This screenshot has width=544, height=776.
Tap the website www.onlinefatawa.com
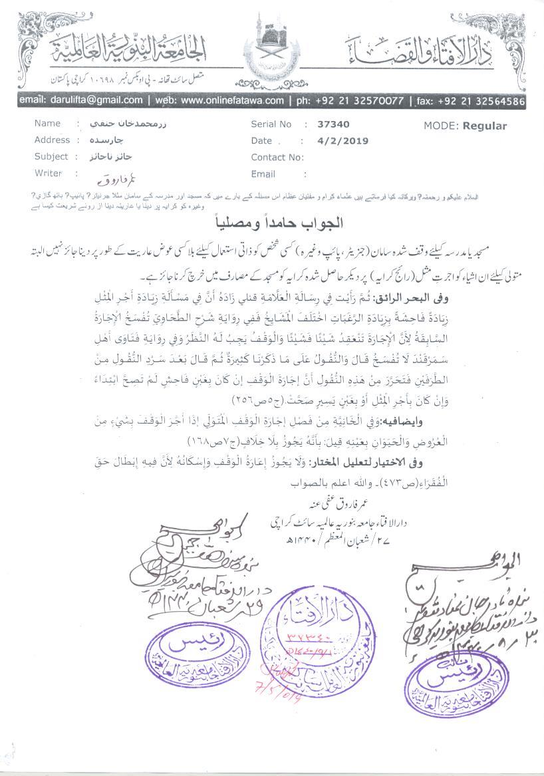click(x=231, y=100)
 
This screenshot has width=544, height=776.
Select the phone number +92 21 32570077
click(x=358, y=100)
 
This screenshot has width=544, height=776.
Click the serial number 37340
click(x=334, y=124)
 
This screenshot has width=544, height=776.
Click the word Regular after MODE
click(x=485, y=126)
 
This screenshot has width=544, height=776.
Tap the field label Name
click(x=47, y=124)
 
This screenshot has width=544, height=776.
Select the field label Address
click(x=52, y=140)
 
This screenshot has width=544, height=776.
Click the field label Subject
click(x=51, y=157)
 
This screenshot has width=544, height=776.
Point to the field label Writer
click(x=48, y=173)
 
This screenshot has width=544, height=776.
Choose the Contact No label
click(x=277, y=158)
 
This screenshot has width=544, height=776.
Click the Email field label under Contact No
click(x=263, y=174)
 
